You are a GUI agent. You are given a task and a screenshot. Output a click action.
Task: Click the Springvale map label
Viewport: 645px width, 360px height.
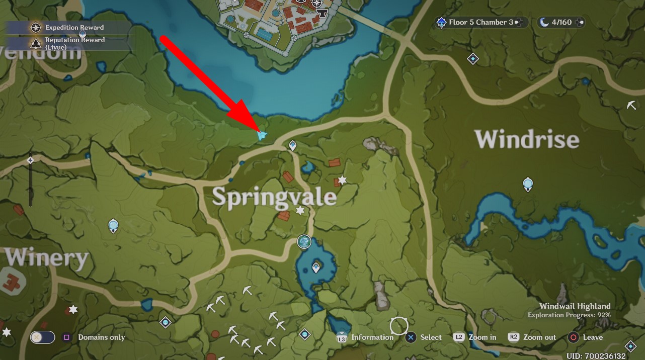click(274, 197)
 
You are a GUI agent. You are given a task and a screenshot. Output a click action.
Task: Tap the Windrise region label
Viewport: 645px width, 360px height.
click(526, 139)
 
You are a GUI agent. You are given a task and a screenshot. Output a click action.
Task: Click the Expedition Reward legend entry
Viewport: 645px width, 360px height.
click(74, 28)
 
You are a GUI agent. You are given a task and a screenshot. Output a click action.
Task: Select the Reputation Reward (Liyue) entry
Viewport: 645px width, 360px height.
click(74, 43)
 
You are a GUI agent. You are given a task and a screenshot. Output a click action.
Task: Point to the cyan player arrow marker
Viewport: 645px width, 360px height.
click(261, 135)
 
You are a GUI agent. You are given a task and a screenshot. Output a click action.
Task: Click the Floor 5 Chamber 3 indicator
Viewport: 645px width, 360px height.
click(481, 22)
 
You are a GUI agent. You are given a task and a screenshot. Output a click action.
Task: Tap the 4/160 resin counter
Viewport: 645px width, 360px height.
click(561, 22)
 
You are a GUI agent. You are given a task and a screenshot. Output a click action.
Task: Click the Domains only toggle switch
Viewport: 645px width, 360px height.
click(42, 337)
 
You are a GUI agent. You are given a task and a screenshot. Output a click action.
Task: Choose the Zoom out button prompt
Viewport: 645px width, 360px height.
click(532, 337)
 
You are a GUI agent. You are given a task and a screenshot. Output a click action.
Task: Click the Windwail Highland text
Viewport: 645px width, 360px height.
click(575, 306)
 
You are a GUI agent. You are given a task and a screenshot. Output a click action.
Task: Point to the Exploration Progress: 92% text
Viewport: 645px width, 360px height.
click(569, 315)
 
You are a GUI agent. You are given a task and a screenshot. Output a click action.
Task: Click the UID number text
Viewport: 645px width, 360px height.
click(596, 356)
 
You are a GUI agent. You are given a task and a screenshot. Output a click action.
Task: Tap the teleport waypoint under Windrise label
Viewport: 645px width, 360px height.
click(528, 184)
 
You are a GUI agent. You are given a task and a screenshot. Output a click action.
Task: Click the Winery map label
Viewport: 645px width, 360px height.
click(46, 257)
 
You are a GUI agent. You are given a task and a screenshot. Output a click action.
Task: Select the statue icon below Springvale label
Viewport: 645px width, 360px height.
click(304, 242)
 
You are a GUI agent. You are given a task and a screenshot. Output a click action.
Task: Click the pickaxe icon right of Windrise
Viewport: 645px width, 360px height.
click(632, 105)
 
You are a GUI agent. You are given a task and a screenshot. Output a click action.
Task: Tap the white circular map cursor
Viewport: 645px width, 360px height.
click(398, 326)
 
